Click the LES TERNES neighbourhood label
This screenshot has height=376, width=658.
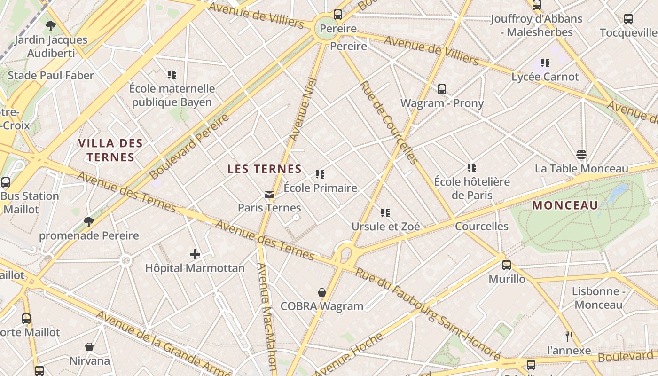coord(264,169)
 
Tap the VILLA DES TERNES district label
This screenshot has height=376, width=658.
coord(110,150)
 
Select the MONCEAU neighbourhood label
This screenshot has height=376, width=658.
coord(565,205)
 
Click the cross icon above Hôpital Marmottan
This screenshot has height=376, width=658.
coord(195,255)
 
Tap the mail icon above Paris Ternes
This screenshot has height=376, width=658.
coord(269,194)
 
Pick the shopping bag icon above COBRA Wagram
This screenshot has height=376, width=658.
coord(322,293)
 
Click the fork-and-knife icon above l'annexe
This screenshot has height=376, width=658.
coord(569,337)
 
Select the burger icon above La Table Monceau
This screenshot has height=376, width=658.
coord(581,155)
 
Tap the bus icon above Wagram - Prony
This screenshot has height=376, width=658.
coord(441,89)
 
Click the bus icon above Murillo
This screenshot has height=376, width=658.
coord(506,265)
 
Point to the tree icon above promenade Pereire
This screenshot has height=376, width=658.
coord(88,222)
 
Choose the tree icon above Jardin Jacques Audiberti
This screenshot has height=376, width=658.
coord(51,26)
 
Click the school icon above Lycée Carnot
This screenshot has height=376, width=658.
coord(545,63)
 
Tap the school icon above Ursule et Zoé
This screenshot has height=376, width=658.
coord(385,213)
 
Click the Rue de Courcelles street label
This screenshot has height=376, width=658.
coord(389,123)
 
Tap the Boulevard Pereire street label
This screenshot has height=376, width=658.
coord(190,147)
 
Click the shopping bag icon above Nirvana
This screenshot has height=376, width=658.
coord(89,347)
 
